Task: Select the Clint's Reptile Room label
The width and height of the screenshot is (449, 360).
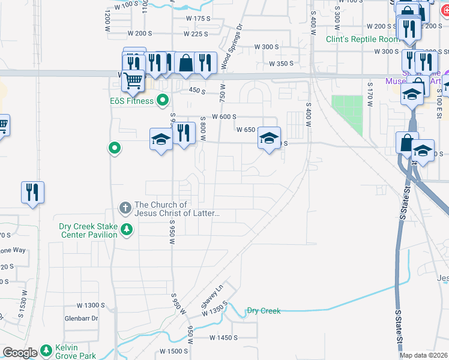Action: pyautogui.click(x=362, y=39)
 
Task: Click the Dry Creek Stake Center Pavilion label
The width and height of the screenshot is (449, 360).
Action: pyautogui.click(x=88, y=230)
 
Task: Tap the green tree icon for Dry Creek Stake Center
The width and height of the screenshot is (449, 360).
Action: pyautogui.click(x=127, y=229)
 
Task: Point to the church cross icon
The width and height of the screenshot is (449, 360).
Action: pyautogui.click(x=125, y=208)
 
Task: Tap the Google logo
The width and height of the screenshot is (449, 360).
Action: pyautogui.click(x=20, y=353)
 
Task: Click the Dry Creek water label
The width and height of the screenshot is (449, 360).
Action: pyautogui.click(x=264, y=311)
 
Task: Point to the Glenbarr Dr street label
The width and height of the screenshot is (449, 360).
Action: pyautogui.click(x=81, y=319)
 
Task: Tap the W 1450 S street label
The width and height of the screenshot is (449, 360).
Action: pyautogui.click(x=224, y=338)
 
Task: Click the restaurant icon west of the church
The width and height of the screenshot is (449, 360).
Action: pyautogui.click(x=32, y=192)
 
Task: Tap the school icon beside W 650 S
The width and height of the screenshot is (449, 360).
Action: pyautogui.click(x=269, y=139)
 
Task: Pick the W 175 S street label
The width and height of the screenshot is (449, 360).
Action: pyautogui.click(x=198, y=19)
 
